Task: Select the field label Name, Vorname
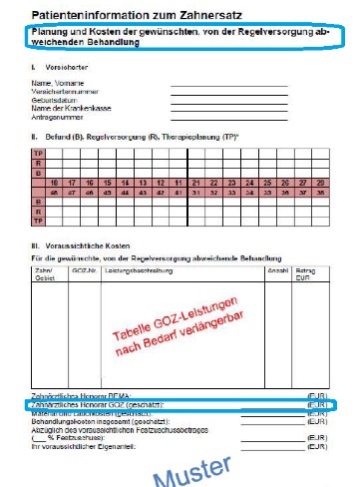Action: point(54,81)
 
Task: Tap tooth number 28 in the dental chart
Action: point(321,183)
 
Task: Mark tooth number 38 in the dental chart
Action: point(321,192)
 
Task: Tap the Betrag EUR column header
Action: point(307,272)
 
